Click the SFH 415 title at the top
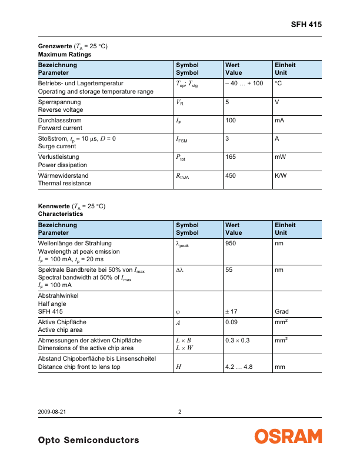click(306, 25)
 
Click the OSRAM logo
click(288, 436)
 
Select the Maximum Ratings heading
click(65, 54)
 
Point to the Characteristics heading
click(61, 214)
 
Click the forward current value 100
click(231, 120)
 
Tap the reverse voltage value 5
click(227, 102)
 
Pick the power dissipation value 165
click(231, 157)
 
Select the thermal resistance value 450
click(231, 175)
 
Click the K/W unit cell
click(281, 175)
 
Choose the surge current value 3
click(227, 138)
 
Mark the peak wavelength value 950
click(231, 242)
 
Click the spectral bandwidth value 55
click(229, 270)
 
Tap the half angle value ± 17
click(232, 311)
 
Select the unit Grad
click(282, 311)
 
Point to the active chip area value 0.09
click(232, 322)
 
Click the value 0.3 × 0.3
click(237, 341)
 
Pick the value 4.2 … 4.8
click(239, 367)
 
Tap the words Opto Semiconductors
click(88, 440)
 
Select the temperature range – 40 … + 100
click(244, 84)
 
